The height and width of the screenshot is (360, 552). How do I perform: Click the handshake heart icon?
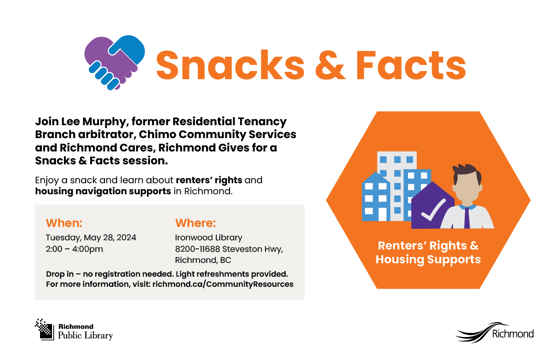pyautogui.click(x=115, y=63)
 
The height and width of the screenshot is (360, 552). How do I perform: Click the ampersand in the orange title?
pyautogui.click(x=329, y=65)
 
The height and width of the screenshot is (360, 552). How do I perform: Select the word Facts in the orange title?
pyautogui.click(x=411, y=65)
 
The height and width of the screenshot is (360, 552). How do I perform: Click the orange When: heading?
pyautogui.click(x=64, y=224)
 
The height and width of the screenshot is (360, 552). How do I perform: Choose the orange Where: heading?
pyautogui.click(x=195, y=224)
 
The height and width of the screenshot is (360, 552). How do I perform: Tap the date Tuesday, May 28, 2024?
pyautogui.click(x=91, y=238)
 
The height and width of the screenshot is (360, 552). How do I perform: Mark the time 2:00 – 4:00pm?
pyautogui.click(x=75, y=249)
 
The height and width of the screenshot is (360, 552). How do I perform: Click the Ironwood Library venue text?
pyautogui.click(x=208, y=238)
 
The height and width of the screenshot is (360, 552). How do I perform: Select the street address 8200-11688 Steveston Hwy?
pyautogui.click(x=229, y=249)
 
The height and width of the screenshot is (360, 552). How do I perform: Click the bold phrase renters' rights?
pyautogui.click(x=209, y=180)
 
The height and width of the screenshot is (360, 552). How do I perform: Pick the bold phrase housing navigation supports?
pyautogui.click(x=103, y=191)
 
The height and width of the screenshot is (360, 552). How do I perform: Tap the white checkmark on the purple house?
pyautogui.click(x=433, y=210)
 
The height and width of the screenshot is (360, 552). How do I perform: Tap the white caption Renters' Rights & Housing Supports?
pyautogui.click(x=428, y=252)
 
